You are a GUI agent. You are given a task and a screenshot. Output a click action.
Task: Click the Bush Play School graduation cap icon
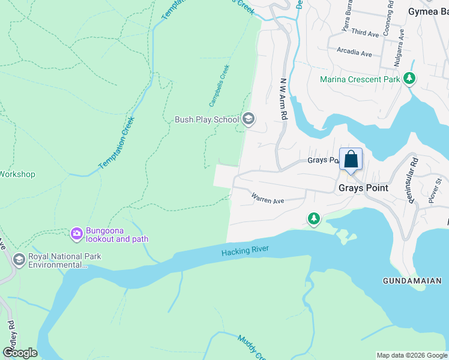point(248,119)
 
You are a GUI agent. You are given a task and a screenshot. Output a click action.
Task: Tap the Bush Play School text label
point(206,119)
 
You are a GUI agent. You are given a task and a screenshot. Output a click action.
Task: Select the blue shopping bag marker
point(351,160)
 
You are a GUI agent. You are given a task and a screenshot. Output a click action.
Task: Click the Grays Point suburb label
point(363,188)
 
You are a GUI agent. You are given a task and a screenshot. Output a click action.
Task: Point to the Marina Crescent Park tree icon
point(409,79)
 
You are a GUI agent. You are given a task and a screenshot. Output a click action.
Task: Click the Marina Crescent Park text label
point(360,79)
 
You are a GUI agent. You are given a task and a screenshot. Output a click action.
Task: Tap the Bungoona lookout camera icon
point(76,233)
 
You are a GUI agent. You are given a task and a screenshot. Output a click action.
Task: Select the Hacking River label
point(246,251)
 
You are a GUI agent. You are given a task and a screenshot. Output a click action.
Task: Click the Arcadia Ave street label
point(354,53)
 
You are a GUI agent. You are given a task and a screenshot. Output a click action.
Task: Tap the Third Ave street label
point(365,32)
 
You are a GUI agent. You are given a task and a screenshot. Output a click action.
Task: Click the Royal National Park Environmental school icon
point(19,260)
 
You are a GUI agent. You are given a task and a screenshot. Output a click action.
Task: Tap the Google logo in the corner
point(20,353)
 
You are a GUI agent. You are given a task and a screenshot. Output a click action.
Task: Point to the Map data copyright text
point(411,355)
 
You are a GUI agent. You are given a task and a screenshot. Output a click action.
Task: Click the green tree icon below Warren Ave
point(313,219)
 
